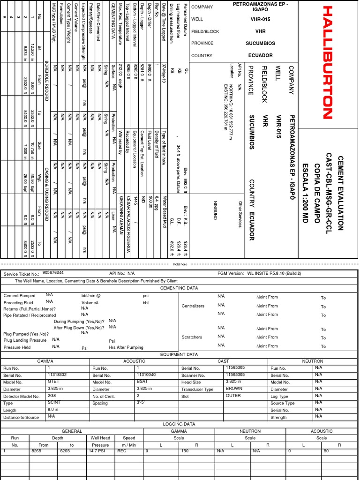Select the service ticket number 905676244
coord(53,272)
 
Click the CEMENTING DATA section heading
coord(179,288)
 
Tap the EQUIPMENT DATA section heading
coord(179,354)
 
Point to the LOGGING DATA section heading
coord(179,424)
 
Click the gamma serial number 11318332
coord(57,375)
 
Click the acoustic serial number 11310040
coord(146,375)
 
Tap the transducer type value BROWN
coord(234,389)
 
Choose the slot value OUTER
coord(233,396)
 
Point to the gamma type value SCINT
coord(53,403)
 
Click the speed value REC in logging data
coord(121,451)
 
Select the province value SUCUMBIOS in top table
coord(260,43)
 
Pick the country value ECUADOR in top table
coord(260,55)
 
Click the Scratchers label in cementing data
coord(192,337)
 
